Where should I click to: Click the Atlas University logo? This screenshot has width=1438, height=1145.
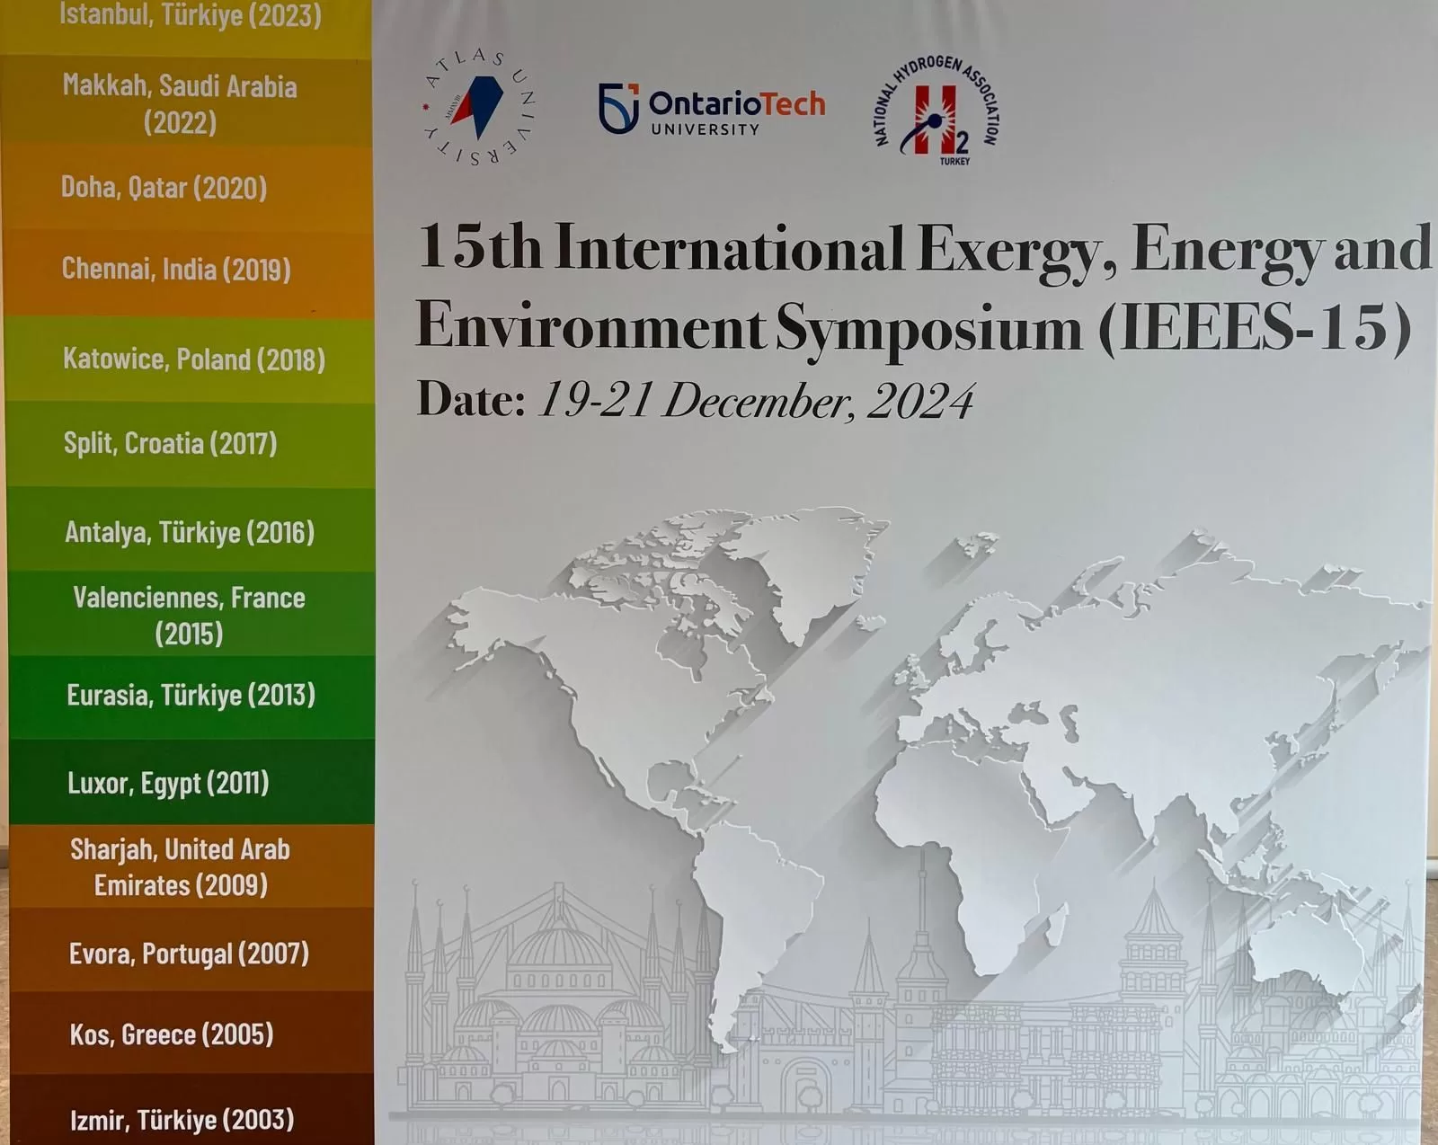pyautogui.click(x=478, y=107)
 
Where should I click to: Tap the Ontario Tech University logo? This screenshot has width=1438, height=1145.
pyautogui.click(x=712, y=109)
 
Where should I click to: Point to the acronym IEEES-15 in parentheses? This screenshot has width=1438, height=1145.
pyautogui.click(x=1256, y=327)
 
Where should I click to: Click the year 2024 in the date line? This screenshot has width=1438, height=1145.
pyautogui.click(x=921, y=402)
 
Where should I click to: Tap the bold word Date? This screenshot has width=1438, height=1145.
pyautogui.click(x=471, y=399)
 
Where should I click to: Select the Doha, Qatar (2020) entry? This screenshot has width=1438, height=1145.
pyautogui.click(x=164, y=188)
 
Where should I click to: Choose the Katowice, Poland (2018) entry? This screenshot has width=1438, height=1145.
pyautogui.click(x=194, y=359)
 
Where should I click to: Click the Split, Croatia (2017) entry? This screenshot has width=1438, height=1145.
pyautogui.click(x=171, y=443)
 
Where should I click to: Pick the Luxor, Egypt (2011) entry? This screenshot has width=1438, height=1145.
pyautogui.click(x=168, y=783)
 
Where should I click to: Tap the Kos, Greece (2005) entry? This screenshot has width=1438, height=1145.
pyautogui.click(x=172, y=1034)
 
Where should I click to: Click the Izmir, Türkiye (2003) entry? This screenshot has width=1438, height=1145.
pyautogui.click(x=182, y=1120)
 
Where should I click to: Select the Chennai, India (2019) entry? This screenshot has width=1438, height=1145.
pyautogui.click(x=176, y=270)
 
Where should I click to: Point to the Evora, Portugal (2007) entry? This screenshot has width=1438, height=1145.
pyautogui.click(x=189, y=954)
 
